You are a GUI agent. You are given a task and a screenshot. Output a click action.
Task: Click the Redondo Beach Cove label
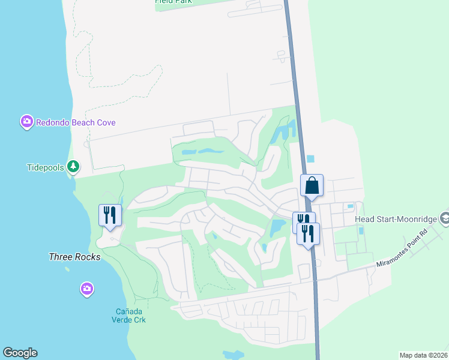click(76, 122)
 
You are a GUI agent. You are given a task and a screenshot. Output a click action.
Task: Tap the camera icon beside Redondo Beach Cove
click(26, 122)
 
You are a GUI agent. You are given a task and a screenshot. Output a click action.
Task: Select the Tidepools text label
click(45, 167)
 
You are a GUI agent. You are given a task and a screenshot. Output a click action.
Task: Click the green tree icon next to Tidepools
click(73, 166)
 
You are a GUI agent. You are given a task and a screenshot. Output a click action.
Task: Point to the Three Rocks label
click(74, 257)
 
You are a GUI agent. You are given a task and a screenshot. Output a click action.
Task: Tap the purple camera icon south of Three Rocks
click(87, 290)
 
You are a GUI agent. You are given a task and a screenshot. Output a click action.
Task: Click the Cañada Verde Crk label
click(131, 315)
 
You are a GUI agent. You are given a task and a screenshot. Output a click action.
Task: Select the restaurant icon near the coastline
click(110, 215)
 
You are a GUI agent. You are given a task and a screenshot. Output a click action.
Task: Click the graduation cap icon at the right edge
click(444, 219)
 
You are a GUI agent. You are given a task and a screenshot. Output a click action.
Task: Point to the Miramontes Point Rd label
click(402, 248)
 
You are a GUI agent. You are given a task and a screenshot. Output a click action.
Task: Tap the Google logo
click(20, 353)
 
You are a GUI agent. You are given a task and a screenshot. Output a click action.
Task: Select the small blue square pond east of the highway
click(310, 159)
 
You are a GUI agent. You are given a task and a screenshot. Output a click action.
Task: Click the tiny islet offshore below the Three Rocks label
click(67, 269)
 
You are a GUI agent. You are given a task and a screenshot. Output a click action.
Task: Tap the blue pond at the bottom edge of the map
click(233, 355)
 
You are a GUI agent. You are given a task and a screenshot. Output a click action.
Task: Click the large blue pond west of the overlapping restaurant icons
click(277, 227)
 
